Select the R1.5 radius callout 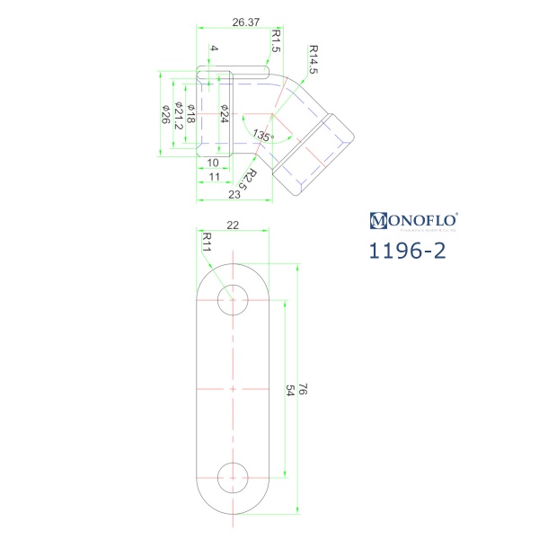276,40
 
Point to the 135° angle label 262,136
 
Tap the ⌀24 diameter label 224,114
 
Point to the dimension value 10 213,163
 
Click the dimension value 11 214,178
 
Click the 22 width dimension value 234,225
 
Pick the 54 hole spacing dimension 289,390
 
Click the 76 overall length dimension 303,390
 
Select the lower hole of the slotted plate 234,477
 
